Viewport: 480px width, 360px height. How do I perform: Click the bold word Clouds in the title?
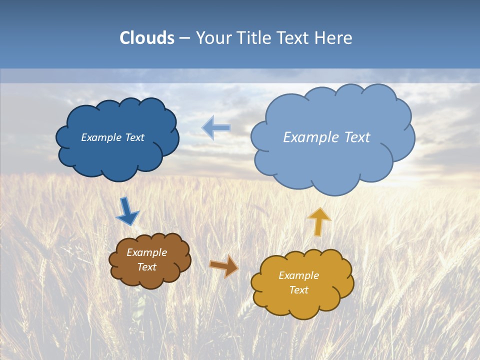tap(147, 38)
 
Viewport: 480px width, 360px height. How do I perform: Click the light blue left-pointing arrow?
tap(216, 127)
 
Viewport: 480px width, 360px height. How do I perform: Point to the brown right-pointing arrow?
tap(223, 266)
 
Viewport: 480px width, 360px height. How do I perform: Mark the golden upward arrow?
tap(318, 221)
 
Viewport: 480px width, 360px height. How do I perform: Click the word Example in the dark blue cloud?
tap(100, 137)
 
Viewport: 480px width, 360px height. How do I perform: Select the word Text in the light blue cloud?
tap(357, 137)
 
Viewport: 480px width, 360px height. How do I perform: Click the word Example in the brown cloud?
tap(147, 252)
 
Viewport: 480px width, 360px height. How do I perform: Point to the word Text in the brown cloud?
tap(147, 267)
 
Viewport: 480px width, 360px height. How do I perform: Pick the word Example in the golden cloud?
tap(298, 275)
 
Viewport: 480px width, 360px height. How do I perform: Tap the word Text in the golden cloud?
tap(298, 290)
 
